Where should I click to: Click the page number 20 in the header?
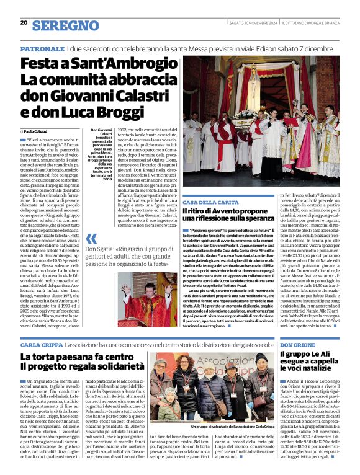(24, 22)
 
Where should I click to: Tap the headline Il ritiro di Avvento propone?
(230, 213)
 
